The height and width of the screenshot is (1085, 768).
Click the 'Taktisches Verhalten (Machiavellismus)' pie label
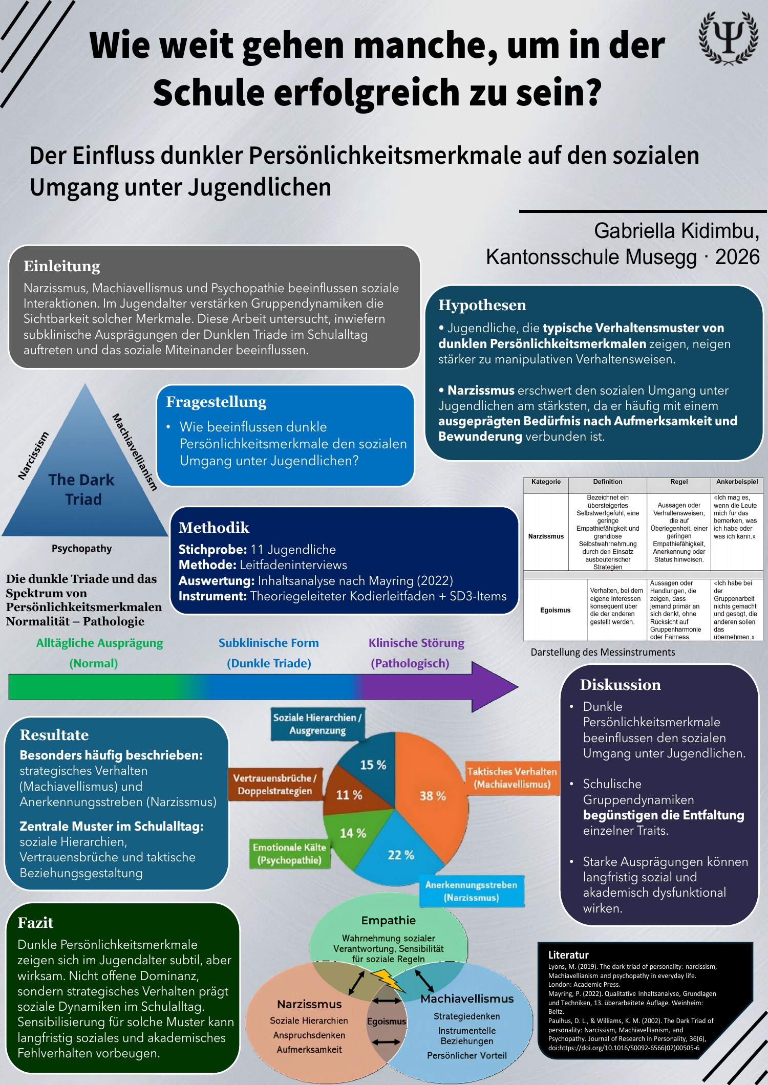511,778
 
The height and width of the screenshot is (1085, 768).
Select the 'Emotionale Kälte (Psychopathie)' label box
289,854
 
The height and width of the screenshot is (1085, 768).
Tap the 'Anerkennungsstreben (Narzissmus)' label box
471,891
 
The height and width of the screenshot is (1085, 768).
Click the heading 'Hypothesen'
482,305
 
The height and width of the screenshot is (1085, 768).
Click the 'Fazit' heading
35,923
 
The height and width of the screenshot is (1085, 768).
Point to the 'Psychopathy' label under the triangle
81,549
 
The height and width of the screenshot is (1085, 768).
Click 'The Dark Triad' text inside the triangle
82,489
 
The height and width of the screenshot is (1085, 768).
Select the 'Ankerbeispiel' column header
737,482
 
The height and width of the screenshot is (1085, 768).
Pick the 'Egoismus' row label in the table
555,610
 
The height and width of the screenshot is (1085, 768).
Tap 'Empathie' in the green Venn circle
388,920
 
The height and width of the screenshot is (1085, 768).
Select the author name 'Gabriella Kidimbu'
676,231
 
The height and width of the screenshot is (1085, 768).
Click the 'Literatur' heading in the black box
568,954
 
